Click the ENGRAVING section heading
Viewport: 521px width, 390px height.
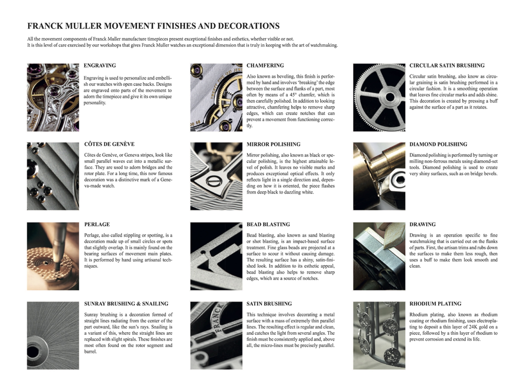tap(100, 66)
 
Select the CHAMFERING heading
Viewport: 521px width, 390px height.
tap(265, 66)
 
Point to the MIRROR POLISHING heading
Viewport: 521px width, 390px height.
tap(274, 144)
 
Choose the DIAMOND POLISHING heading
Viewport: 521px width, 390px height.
tap(438, 144)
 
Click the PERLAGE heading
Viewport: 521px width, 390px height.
tap(97, 225)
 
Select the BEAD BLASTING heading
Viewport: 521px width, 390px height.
tap(268, 225)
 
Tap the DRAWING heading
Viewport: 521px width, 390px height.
tap(423, 225)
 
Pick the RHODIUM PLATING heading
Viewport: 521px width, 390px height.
tap(436, 304)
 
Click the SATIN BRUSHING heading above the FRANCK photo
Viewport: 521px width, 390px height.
tap(269, 304)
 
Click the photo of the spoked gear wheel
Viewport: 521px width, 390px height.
tap(379, 97)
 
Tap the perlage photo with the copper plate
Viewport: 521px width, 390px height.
tap(53, 256)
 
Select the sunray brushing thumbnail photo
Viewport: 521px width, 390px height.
tap(53, 335)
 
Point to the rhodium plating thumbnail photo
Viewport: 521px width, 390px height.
tap(379, 335)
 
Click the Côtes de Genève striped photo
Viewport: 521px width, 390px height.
tap(53, 176)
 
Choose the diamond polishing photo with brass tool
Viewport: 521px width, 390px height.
tap(379, 176)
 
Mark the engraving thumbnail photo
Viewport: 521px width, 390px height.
tap(53, 97)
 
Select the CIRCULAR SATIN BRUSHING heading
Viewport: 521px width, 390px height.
tap(447, 66)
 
